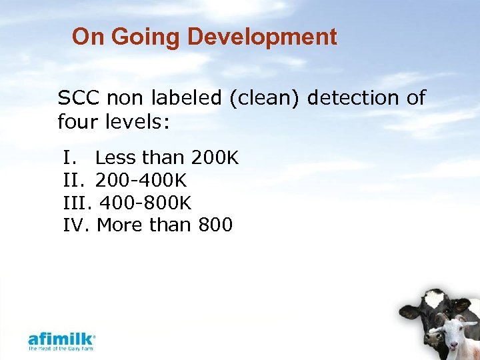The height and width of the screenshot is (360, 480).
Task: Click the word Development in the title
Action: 262,37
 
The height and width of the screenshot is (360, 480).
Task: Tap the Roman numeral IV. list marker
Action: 77,225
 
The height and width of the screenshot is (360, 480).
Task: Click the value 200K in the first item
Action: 215,158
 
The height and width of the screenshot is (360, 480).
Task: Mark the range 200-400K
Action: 141,181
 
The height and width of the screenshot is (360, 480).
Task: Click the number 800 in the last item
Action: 215,225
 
